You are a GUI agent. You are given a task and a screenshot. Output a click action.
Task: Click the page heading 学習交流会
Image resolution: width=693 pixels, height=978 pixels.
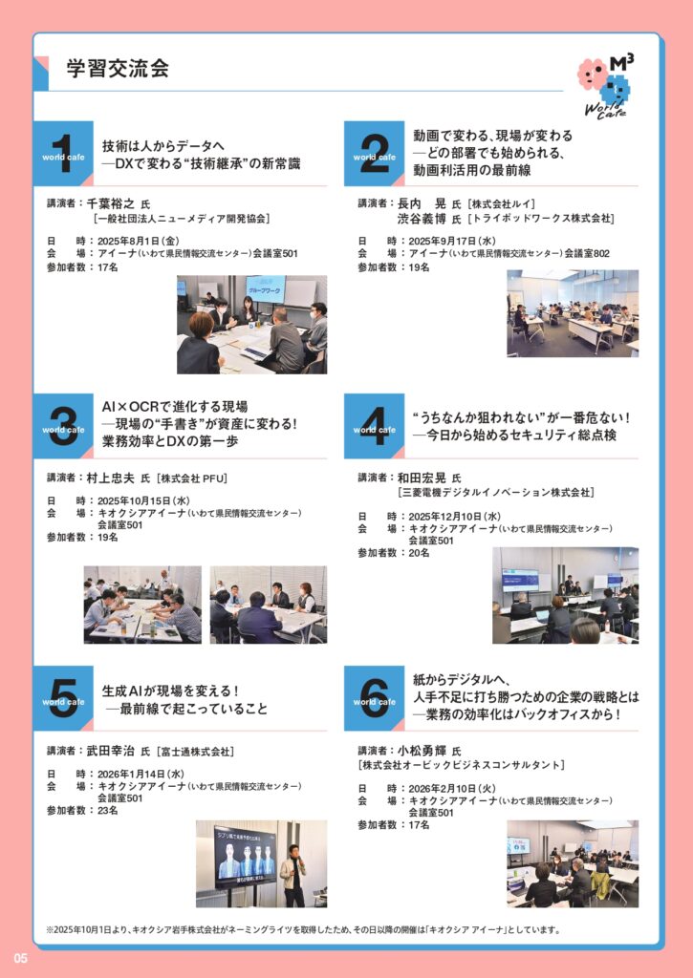click(118, 68)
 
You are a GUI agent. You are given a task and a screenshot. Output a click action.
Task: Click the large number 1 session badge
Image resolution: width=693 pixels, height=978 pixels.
click(63, 154)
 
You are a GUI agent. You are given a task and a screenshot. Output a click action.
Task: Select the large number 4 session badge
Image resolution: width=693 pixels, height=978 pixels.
click(374, 426)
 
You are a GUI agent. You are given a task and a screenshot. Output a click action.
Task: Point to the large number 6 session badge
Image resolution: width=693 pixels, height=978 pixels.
click(374, 698)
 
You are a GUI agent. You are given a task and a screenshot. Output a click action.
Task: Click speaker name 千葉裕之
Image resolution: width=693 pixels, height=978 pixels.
click(111, 203)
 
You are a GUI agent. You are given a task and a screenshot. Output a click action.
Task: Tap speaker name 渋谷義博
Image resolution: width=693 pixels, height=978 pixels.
click(422, 219)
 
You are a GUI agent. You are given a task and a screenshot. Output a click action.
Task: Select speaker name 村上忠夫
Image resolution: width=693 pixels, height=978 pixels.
click(111, 478)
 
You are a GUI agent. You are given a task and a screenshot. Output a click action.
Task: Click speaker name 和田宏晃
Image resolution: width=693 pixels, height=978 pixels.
click(422, 478)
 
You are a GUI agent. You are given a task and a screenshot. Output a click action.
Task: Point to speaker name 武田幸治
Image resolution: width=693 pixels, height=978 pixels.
click(111, 751)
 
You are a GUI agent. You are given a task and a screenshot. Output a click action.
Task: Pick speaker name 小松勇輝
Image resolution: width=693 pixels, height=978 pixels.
click(422, 751)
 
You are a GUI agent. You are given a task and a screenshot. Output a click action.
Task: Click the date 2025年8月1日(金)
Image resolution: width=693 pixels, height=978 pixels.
click(138, 241)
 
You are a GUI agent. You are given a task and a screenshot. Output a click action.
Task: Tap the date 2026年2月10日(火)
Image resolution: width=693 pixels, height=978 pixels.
click(452, 788)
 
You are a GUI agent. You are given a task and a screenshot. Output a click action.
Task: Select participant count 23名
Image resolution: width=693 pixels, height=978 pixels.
click(107, 810)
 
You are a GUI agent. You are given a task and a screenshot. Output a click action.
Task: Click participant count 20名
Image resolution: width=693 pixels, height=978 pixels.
click(419, 553)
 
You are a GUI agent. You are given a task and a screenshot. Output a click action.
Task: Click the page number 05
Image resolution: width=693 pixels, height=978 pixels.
click(21, 958)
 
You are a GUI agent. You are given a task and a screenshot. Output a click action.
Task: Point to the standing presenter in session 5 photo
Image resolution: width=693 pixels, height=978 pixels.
click(292, 875)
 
